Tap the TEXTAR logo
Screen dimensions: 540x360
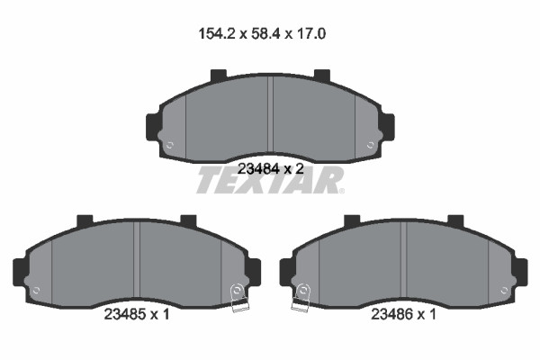click(x=270, y=180)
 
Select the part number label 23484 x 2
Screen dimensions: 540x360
click(x=271, y=169)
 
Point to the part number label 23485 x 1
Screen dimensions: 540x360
click(x=137, y=314)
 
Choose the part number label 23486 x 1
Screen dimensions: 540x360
click(x=403, y=314)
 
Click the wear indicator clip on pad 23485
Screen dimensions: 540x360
click(x=238, y=298)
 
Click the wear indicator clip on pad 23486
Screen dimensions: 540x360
click(x=301, y=298)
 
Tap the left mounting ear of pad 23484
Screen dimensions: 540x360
click(x=153, y=126)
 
